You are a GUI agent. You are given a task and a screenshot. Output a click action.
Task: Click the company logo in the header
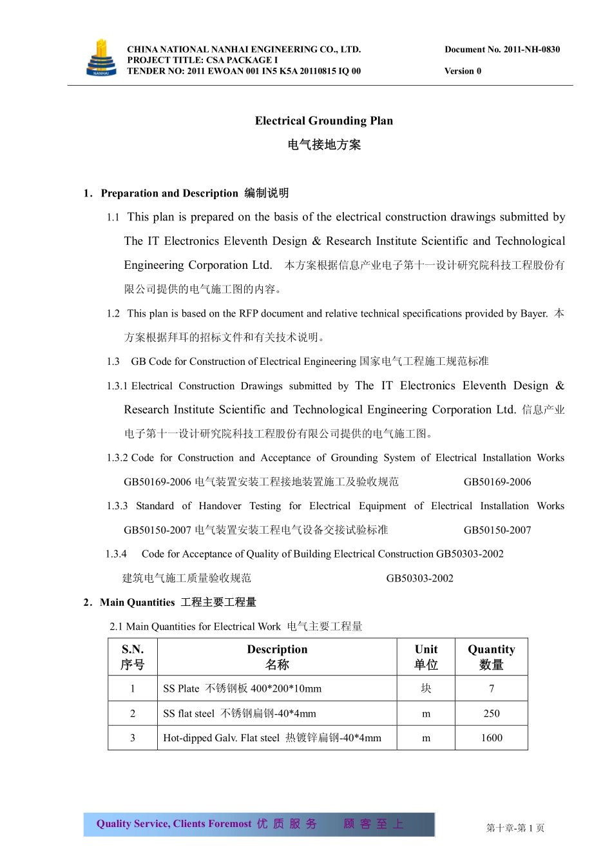pyautogui.click(x=101, y=59)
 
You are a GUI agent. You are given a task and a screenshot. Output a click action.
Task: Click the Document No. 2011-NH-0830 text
pyautogui.click(x=502, y=50)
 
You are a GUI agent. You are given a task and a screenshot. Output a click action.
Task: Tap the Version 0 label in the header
pyautogui.click(x=463, y=72)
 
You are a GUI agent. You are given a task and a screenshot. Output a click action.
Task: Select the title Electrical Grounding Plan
pyautogui.click(x=323, y=121)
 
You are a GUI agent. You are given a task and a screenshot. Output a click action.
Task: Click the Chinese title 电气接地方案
pyautogui.click(x=323, y=145)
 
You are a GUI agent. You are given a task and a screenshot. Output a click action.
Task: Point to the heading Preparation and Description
pyautogui.click(x=169, y=193)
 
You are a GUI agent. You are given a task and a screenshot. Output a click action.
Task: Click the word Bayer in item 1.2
pyautogui.click(x=533, y=314)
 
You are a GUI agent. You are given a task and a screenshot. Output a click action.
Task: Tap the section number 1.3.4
pyautogui.click(x=116, y=554)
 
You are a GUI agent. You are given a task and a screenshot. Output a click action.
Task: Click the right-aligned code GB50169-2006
pyautogui.click(x=497, y=482)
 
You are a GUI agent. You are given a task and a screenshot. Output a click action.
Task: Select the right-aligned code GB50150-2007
pyautogui.click(x=497, y=531)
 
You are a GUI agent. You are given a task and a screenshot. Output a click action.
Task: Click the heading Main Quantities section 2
pyautogui.click(x=137, y=603)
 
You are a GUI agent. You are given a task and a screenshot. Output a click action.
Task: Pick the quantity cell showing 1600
pyautogui.click(x=491, y=738)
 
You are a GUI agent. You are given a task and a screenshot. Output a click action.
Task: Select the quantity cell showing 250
pyautogui.click(x=491, y=714)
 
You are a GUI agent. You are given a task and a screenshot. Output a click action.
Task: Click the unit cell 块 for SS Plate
pyautogui.click(x=426, y=689)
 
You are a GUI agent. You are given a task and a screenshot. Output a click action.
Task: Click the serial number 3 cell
pyautogui.click(x=133, y=738)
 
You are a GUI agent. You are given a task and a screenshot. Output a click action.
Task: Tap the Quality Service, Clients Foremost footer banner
pyautogui.click(x=258, y=824)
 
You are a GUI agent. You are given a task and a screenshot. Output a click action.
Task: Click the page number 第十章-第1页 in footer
pyautogui.click(x=515, y=828)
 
